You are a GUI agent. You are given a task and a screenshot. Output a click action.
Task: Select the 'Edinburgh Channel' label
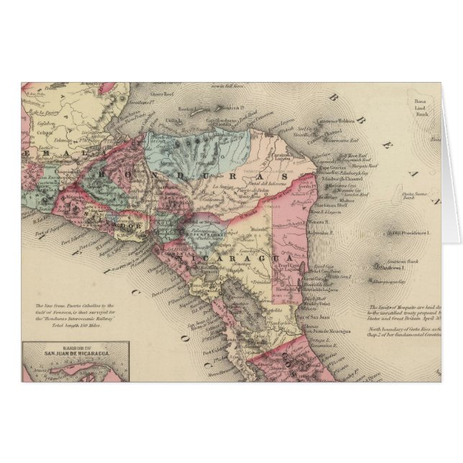[x=350, y=171]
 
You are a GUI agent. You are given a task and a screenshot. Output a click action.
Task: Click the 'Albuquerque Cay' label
[x=393, y=283]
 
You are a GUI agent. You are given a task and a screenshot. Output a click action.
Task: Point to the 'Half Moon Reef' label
[x=352, y=154]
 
